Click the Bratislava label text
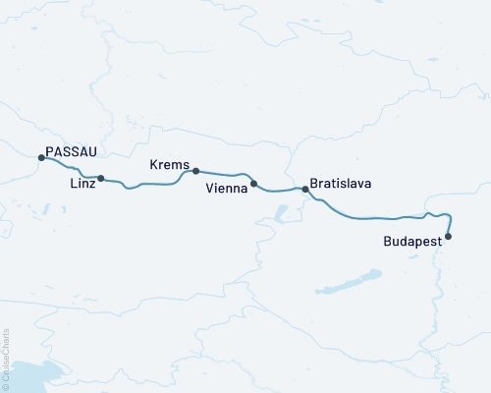click(340, 183)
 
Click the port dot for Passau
click(40, 157)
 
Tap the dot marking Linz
click(101, 179)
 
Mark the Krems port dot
click(196, 171)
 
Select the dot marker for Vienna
click(254, 184)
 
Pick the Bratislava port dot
click(305, 189)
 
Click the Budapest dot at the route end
click(449, 236)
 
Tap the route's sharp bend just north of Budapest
click(448, 215)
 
